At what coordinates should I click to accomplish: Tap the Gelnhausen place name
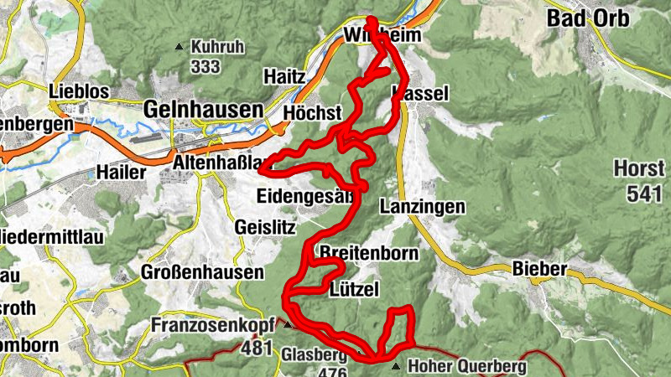203,109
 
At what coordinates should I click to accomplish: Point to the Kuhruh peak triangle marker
178,48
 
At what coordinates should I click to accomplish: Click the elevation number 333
205,65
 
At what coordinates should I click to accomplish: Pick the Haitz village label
283,76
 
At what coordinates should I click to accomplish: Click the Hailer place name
126,173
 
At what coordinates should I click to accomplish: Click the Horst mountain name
638,168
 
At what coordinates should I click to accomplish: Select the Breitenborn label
360,252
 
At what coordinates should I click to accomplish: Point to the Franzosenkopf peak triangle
287,324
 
